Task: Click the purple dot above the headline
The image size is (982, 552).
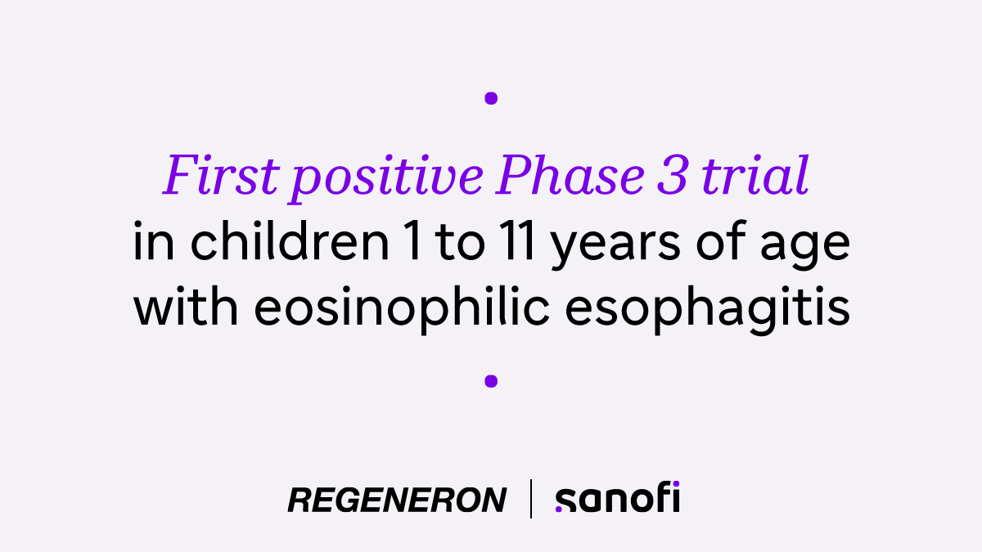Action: pos(491,98)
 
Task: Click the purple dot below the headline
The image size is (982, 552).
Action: pos(491,380)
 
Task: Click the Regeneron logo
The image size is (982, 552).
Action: pos(397,500)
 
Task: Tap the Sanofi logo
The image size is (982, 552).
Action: pos(617,498)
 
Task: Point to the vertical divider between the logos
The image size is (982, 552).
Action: pos(531,499)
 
